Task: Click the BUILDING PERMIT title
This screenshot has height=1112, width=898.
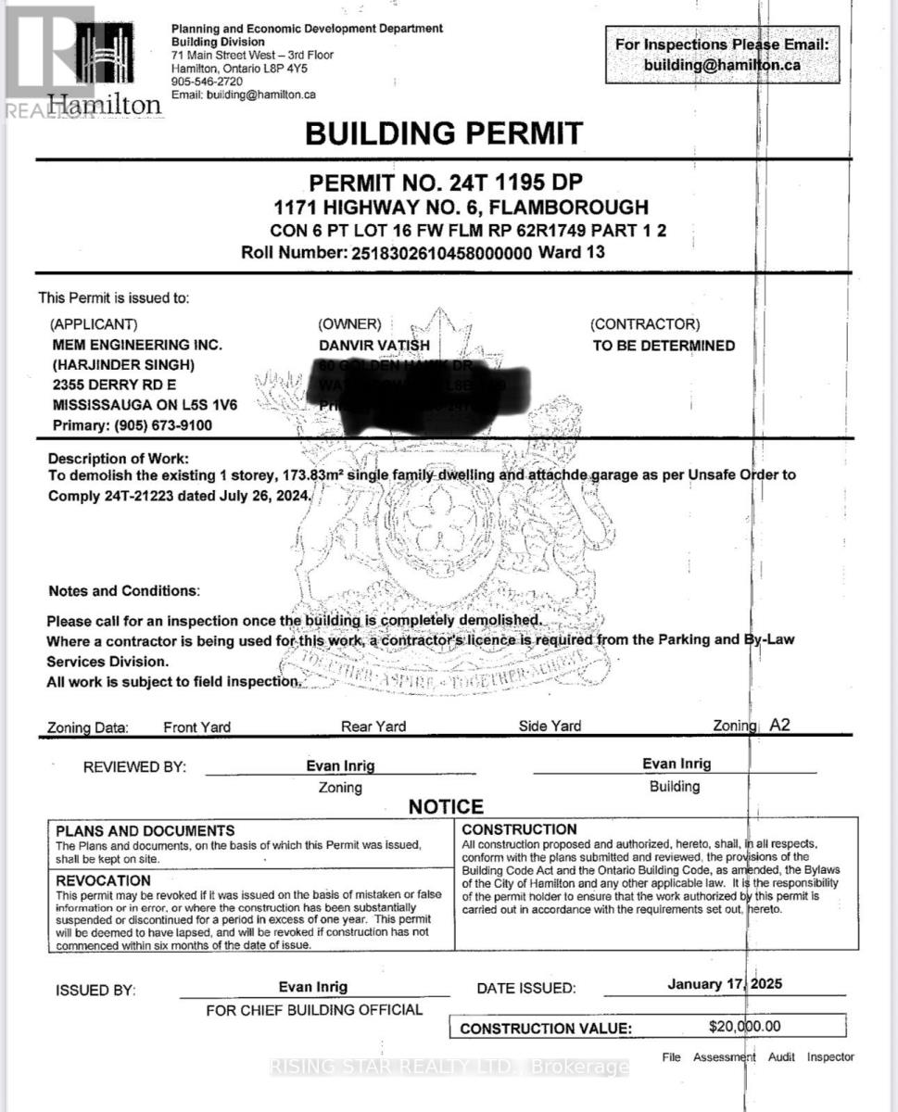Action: pyautogui.click(x=444, y=133)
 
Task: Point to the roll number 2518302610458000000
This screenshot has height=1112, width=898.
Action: pyautogui.click(x=439, y=252)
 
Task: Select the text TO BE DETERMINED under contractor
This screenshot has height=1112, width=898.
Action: pyautogui.click(x=664, y=346)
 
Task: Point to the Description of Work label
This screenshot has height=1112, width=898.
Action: pyautogui.click(x=118, y=459)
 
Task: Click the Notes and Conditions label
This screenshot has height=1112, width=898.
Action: pyautogui.click(x=123, y=590)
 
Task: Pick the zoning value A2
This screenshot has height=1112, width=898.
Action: pyautogui.click(x=780, y=726)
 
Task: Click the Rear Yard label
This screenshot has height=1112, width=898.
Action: pyautogui.click(x=373, y=727)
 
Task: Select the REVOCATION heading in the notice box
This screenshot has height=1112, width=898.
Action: pyautogui.click(x=103, y=880)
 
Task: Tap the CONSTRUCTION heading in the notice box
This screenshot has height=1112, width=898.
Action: pyautogui.click(x=519, y=829)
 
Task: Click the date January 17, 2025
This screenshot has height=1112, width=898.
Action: pyautogui.click(x=724, y=984)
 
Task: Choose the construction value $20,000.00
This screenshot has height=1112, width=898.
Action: pyautogui.click(x=744, y=1026)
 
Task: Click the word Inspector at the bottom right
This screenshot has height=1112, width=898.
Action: pyautogui.click(x=830, y=1056)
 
